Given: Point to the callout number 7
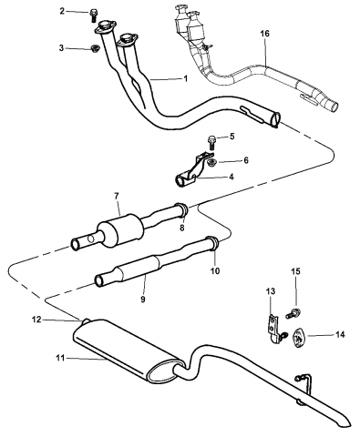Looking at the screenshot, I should (117, 196).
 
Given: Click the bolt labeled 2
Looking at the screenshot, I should (95, 14).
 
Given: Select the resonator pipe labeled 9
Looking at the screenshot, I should (137, 269).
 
